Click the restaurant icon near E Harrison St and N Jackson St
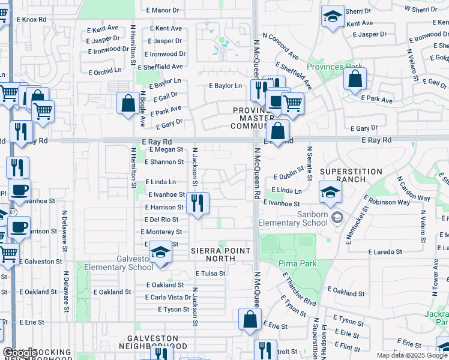[x=197, y=203]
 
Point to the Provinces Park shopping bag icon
[x=355, y=79]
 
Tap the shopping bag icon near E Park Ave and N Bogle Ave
[x=128, y=103]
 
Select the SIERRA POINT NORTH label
[x=221, y=250]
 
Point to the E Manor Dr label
[x=163, y=11]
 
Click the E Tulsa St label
[x=210, y=274]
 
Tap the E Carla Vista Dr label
[x=168, y=298]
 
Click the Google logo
[x=20, y=353]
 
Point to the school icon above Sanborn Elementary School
[x=330, y=193]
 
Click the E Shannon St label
[x=164, y=162]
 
